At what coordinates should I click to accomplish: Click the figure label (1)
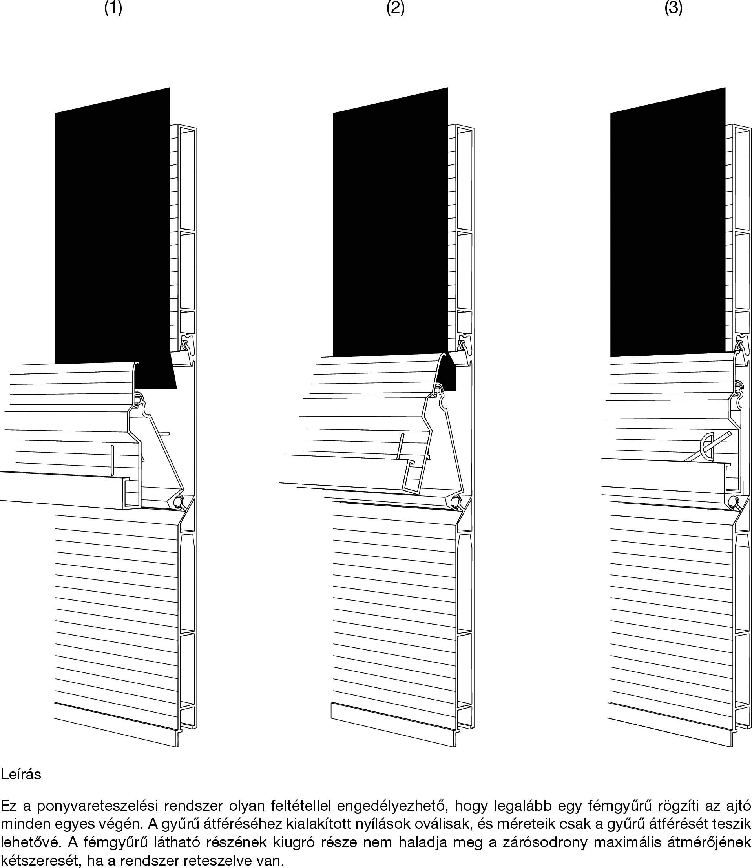point(113,8)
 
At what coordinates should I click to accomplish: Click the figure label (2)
point(395,8)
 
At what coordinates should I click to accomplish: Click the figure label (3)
point(674,8)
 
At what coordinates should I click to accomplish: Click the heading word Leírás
point(21,775)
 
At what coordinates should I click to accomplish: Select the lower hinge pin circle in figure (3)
point(734,501)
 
